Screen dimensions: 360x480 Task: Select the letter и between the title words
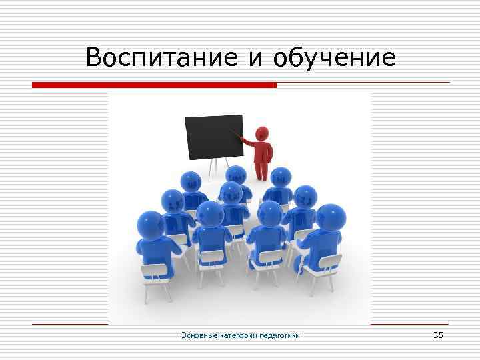click(256, 59)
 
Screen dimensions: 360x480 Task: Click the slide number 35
click(437, 335)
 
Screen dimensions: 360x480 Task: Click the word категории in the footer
click(241, 335)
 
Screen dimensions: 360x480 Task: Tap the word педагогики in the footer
click(281, 335)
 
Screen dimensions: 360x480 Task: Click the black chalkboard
click(213, 137)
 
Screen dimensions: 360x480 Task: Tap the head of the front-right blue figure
click(329, 217)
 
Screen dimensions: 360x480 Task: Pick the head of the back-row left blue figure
click(191, 180)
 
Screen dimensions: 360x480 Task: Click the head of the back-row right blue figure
click(281, 177)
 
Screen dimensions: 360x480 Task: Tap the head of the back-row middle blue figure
click(235, 175)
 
